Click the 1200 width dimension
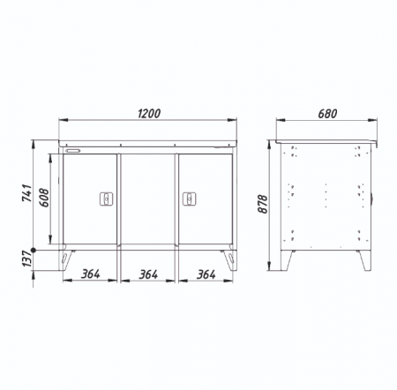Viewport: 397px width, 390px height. click(x=149, y=114)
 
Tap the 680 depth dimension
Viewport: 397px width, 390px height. click(x=327, y=114)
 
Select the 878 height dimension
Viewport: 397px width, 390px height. click(x=262, y=204)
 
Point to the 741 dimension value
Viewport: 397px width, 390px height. click(x=27, y=193)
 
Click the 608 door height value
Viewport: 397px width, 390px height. click(x=44, y=198)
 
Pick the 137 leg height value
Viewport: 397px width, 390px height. click(x=26, y=259)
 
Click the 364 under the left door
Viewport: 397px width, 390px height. click(x=91, y=274)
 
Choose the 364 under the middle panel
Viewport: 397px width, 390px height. click(x=148, y=274)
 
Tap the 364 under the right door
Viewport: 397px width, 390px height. click(x=206, y=274)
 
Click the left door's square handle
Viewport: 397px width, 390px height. click(x=107, y=199)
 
